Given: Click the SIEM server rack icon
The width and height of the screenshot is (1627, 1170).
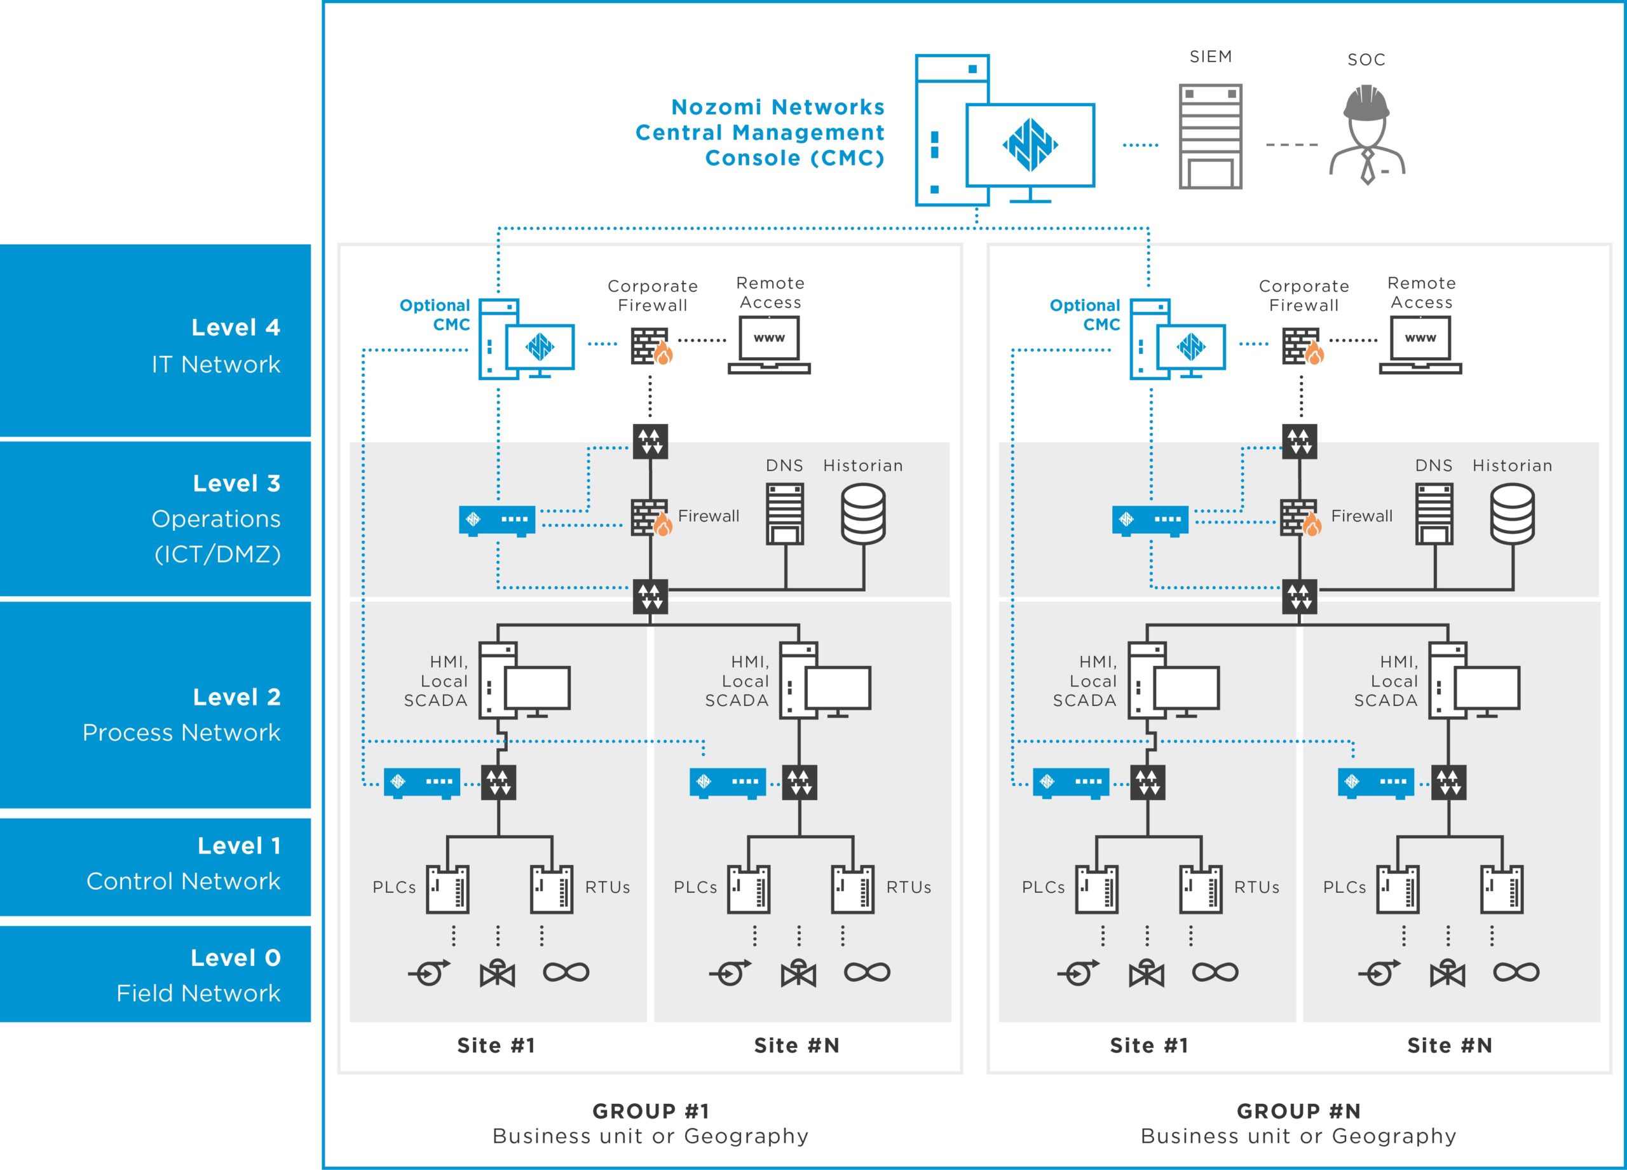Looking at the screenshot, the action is coord(1210,136).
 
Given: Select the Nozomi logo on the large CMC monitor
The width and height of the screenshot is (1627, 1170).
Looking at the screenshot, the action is coord(1030,145).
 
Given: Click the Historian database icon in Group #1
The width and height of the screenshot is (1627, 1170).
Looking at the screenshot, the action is coord(863,514).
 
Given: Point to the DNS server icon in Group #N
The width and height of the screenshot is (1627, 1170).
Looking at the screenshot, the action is coord(1434,514).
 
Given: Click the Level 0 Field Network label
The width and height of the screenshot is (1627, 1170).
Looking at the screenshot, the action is coord(199,975).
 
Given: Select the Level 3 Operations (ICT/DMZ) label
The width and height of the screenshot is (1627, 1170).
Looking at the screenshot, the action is coord(216,518).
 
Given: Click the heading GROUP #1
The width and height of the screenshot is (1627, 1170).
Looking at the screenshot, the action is coord(651,1111).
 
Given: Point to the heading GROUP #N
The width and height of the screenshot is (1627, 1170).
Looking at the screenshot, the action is coord(1298,1111).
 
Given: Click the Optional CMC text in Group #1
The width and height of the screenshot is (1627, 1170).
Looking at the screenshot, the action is coord(435,315).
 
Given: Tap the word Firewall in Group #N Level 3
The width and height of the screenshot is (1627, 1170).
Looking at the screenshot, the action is coord(1361,516).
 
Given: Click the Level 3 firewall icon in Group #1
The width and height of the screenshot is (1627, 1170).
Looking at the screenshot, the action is coord(651,517).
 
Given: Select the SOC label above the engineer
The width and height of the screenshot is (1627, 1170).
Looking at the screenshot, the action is coord(1366,60).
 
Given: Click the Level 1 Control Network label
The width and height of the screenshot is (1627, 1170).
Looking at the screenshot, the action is coord(183,863).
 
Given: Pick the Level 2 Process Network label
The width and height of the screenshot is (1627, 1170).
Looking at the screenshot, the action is coord(182,714).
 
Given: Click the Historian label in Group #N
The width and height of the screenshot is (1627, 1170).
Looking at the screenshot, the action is coord(1512,466).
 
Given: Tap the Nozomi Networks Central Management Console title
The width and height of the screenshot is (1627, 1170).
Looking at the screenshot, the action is coord(759,132).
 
